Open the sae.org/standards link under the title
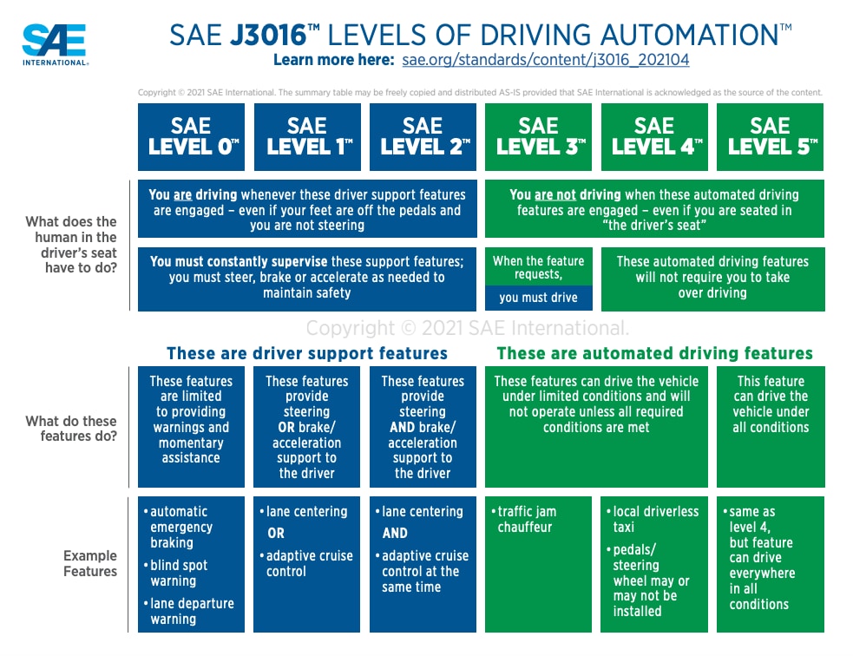pos(546,60)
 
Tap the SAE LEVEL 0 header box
pos(191,137)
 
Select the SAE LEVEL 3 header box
pos(538,137)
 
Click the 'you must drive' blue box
pos(538,298)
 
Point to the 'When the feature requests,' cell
pos(538,267)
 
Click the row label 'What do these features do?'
pos(71,429)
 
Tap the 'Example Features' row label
pos(89,563)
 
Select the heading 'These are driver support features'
pos(307,353)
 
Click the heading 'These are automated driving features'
pos(654,353)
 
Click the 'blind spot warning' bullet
pos(178,573)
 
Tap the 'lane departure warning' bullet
pos(191,611)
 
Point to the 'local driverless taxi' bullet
pos(655,519)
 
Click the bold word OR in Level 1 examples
pos(276,534)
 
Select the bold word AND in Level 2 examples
pos(395,534)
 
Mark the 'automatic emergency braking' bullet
pos(178,527)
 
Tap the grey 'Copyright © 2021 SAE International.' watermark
pos(467,328)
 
